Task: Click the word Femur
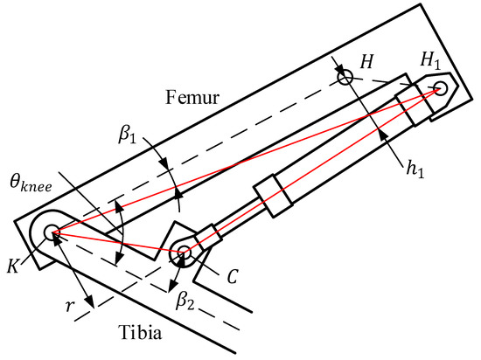pos(192,97)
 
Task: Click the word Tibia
pos(140,332)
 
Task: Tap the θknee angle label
pos(31,183)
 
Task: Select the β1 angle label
pos(127,135)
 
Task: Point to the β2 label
pos(185,301)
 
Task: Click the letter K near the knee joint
pos(13,266)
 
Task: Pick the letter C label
pos(233,276)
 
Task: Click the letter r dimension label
pos(70,306)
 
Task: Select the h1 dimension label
pos(415,168)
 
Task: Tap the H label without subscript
pos(366,61)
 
